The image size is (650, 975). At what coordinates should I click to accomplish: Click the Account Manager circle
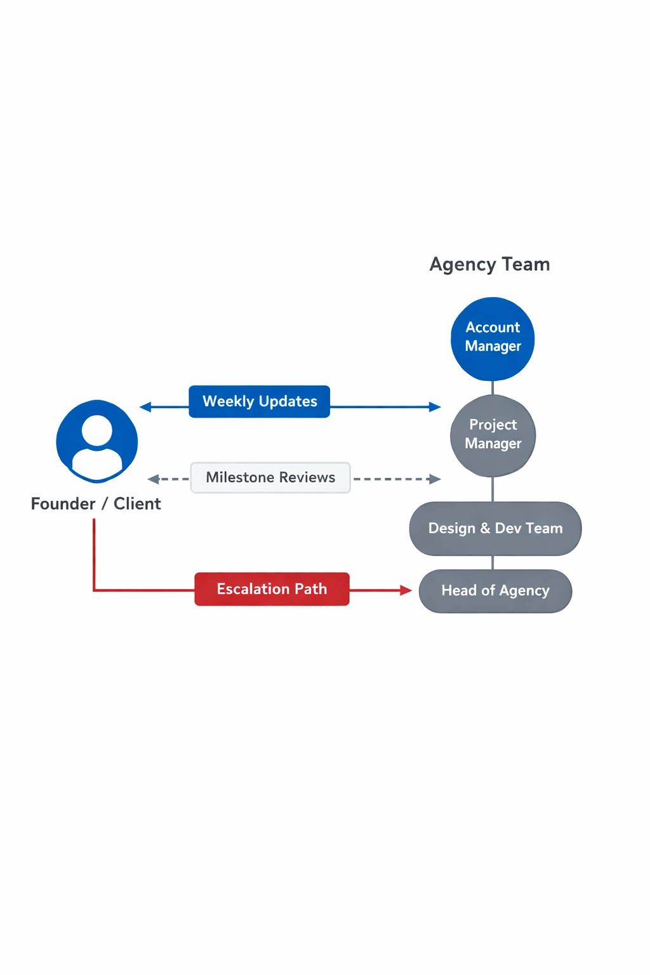(x=493, y=338)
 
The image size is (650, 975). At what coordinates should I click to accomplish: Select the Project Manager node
(x=493, y=435)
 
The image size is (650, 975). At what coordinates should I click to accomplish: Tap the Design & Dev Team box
(x=495, y=529)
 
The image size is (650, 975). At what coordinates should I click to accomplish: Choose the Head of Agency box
(x=495, y=591)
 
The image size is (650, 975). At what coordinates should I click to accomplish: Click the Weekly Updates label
(x=259, y=402)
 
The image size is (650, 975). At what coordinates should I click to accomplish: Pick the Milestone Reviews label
(x=270, y=478)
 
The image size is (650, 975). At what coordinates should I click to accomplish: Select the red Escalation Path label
(x=272, y=589)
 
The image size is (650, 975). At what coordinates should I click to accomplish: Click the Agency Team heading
(x=489, y=264)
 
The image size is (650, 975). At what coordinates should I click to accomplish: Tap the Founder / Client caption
(x=96, y=504)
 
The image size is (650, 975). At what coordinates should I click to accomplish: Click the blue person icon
(x=97, y=441)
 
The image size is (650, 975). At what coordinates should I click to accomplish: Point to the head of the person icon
(x=97, y=430)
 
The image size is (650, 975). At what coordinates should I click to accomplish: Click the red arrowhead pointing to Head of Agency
(x=406, y=590)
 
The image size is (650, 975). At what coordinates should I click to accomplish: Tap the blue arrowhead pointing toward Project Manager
(x=435, y=407)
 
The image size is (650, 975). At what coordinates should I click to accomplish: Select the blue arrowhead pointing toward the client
(x=145, y=407)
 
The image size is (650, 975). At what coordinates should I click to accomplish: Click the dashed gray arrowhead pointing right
(x=435, y=479)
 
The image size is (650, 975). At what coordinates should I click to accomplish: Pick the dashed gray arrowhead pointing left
(x=153, y=479)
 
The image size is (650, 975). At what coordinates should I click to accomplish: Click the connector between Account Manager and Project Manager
(x=493, y=387)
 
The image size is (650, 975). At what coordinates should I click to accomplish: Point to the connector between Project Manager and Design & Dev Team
(x=493, y=489)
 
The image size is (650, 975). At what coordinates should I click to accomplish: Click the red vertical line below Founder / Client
(x=94, y=552)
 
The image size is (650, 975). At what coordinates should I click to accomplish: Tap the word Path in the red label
(x=310, y=589)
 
